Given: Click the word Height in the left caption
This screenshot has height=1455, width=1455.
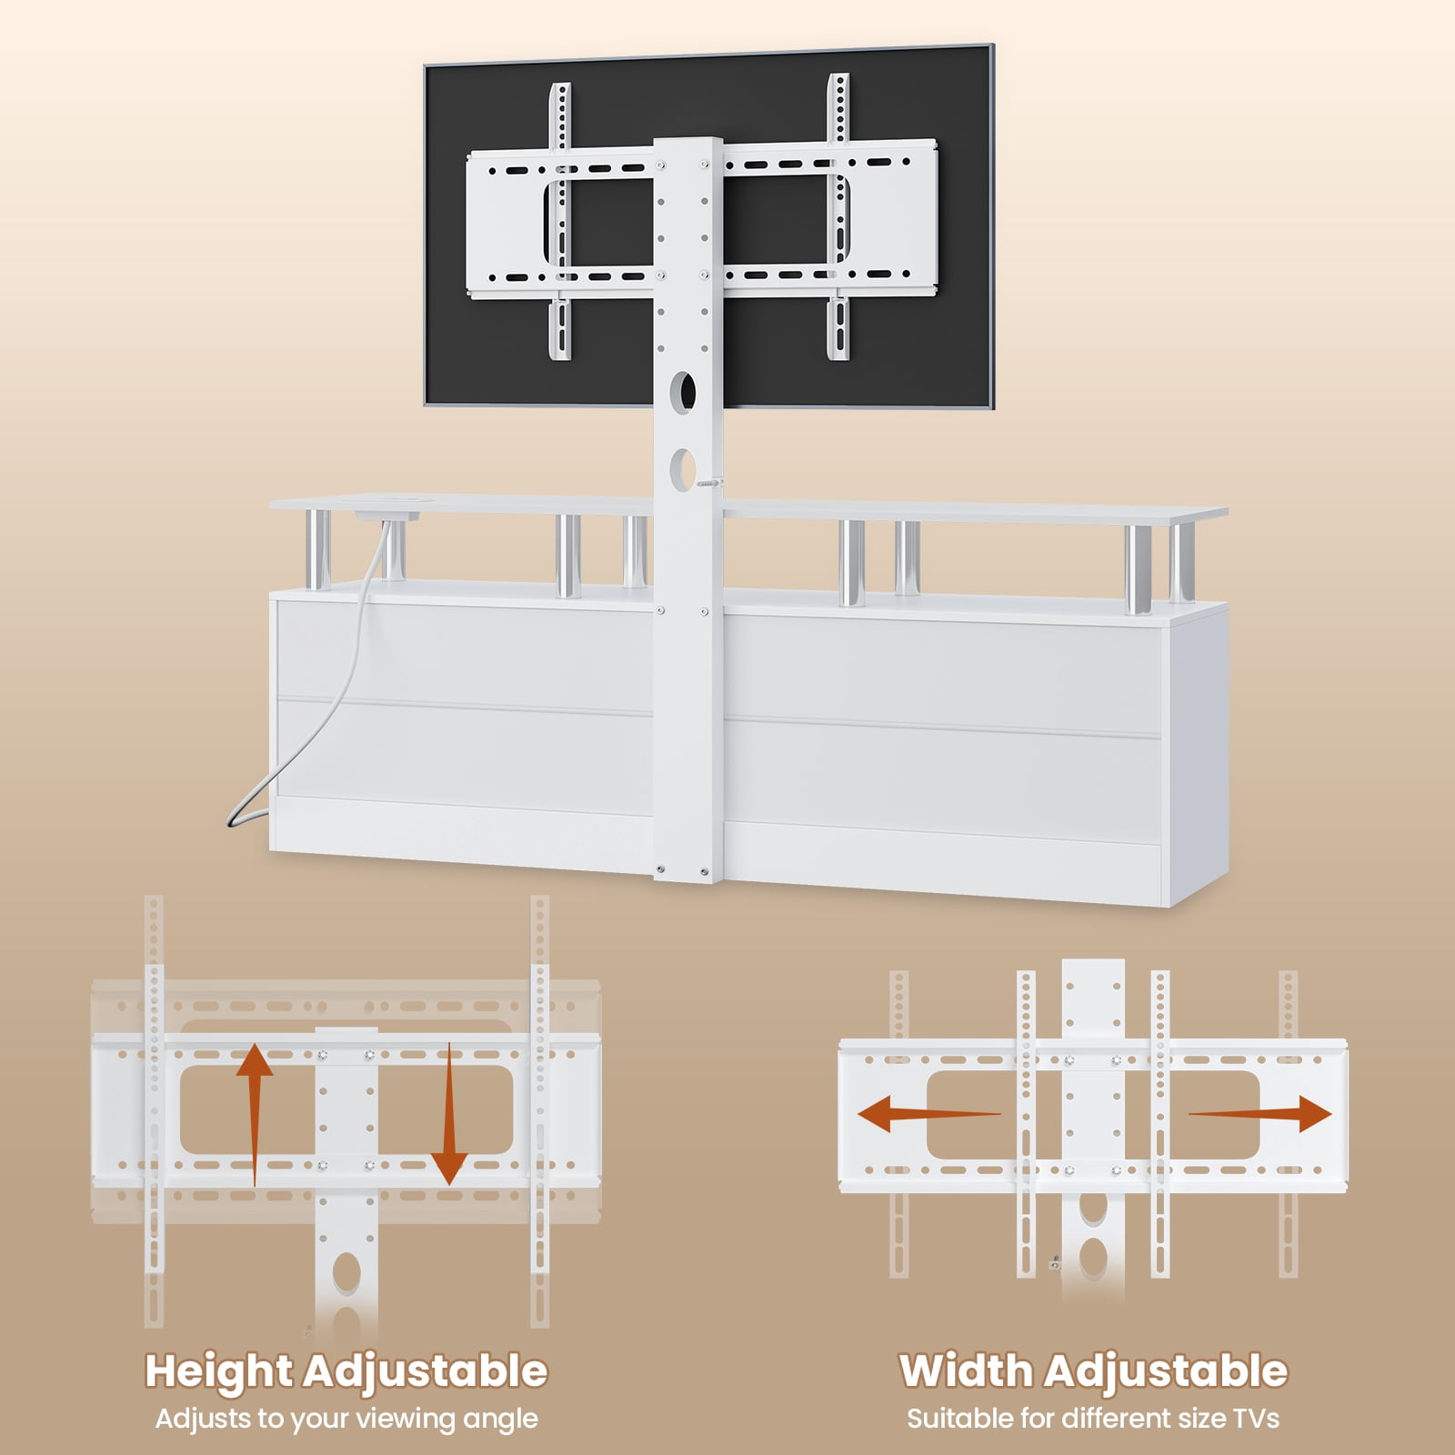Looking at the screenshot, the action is point(218,1371).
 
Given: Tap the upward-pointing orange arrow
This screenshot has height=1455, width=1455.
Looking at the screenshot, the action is point(255,1115).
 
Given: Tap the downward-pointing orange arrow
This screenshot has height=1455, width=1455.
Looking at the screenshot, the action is point(448,1115).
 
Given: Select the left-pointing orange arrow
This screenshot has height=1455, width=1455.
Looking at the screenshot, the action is point(928,1113).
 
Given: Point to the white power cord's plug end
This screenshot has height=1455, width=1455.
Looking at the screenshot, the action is point(234,820).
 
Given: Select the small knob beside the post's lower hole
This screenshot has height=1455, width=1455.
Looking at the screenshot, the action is point(707,485).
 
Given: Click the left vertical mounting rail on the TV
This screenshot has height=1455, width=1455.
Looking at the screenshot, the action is point(560,221).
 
